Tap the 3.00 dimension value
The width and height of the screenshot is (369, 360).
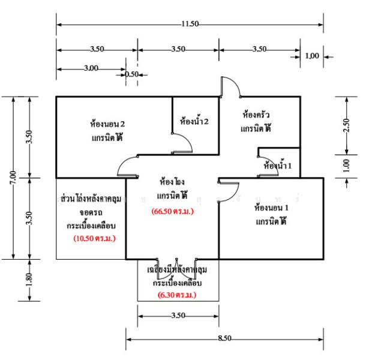point(91,68)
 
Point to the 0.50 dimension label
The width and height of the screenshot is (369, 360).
point(131,74)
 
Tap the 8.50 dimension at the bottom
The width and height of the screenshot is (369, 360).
point(224,339)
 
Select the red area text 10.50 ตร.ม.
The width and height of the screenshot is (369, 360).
point(94,238)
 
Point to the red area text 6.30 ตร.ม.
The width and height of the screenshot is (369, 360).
point(178,296)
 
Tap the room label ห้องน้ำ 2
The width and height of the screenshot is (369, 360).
point(194,122)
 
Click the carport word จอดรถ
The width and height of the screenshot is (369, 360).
point(91,212)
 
